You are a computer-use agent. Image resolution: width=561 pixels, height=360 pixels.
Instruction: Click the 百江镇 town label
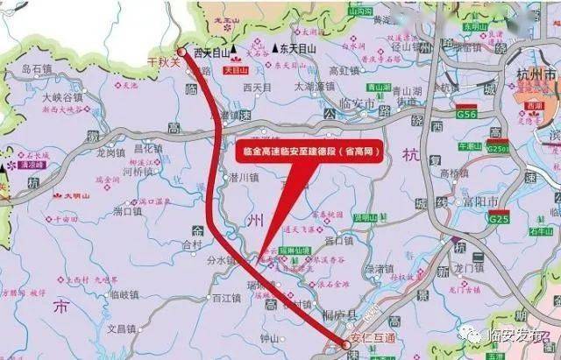pyautogui.click(x=226, y=299)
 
